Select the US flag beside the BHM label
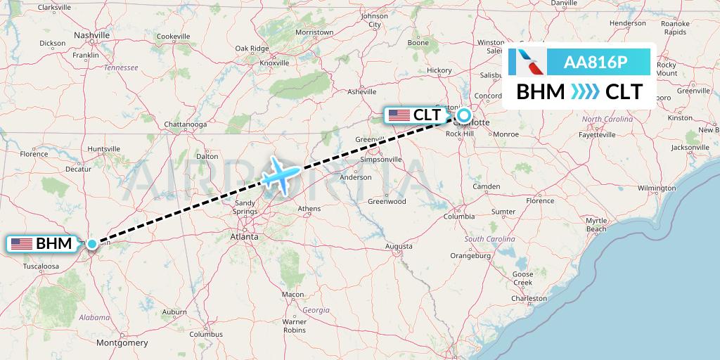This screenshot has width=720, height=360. (22, 244)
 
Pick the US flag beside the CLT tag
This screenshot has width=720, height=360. (399, 115)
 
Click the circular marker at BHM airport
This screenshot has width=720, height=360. (92, 244)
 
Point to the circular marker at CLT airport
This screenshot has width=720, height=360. (464, 115)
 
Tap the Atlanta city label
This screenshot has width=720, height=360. (244, 237)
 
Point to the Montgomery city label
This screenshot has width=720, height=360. (122, 343)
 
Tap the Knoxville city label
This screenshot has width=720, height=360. (275, 63)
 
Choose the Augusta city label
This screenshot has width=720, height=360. (399, 246)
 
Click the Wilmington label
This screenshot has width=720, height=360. (657, 188)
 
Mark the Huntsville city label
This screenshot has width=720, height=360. (105, 148)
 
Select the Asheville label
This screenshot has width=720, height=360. (362, 91)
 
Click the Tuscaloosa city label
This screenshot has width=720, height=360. (41, 266)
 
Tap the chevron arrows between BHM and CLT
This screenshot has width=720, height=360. (585, 92)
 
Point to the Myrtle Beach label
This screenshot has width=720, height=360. (596, 225)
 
